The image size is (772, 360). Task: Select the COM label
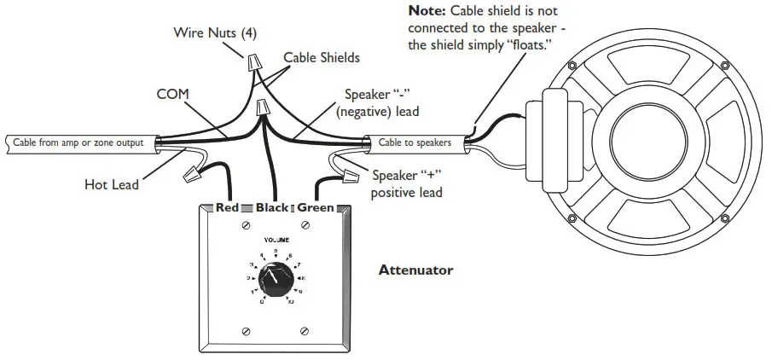point(172,93)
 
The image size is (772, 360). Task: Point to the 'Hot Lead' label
point(112,183)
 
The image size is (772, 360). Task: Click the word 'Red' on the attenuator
point(227,208)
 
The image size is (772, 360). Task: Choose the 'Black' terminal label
point(272,208)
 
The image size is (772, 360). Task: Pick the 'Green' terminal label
point(316,208)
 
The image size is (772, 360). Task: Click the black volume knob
point(276,282)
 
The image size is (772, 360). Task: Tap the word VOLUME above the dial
point(275,241)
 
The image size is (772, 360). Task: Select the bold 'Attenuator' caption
point(415,270)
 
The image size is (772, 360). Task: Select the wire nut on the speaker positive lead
point(348,177)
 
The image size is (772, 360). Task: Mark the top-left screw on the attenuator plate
point(247,225)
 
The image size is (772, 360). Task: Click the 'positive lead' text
point(407,193)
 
